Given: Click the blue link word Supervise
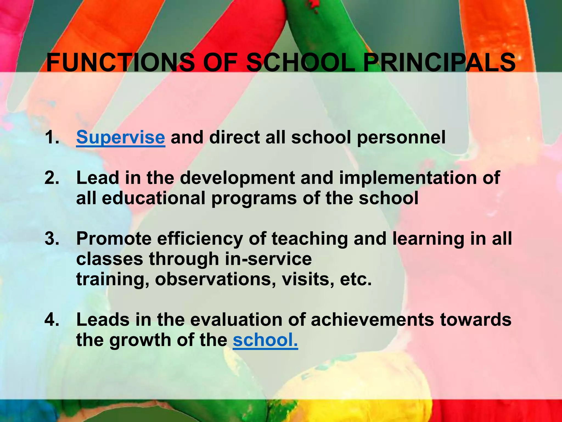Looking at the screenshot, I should tap(120, 137).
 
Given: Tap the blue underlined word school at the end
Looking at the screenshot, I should tap(265, 340).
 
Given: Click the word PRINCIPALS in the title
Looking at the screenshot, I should tap(439, 63).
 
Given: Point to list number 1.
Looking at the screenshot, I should tap(52, 137).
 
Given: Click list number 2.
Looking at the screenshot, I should tap(52, 178).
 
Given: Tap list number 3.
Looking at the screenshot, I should tap(52, 238).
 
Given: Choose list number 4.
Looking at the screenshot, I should tap(52, 320).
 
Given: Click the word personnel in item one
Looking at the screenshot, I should tap(401, 137).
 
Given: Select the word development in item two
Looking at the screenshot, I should tap(237, 178).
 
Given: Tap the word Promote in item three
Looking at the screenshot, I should tap(114, 238).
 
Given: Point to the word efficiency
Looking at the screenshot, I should tap(200, 239).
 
